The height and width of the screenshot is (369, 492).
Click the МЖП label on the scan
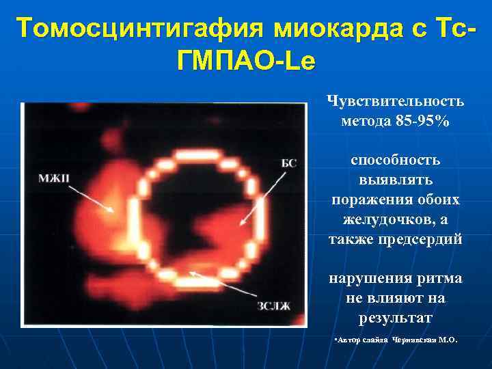(54, 178)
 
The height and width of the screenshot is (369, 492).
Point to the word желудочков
(387, 219)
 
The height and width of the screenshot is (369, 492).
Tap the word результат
(396, 318)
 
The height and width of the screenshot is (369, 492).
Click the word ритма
(440, 278)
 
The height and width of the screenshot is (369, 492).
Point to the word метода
(366, 122)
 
